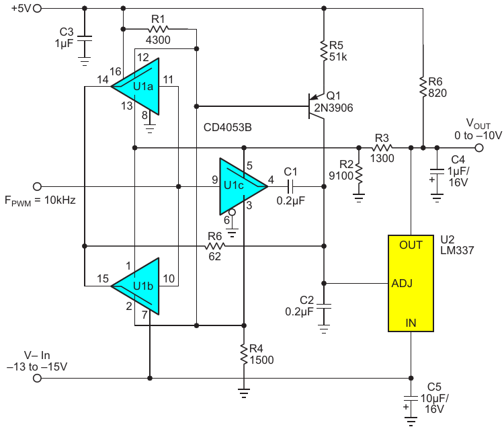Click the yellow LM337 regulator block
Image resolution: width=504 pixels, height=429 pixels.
pyautogui.click(x=411, y=283)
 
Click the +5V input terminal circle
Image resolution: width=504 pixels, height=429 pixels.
pyautogui.click(x=38, y=8)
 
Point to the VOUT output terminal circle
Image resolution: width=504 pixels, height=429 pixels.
pyautogui.click(x=479, y=148)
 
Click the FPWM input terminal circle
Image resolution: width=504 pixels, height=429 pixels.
pyautogui.click(x=37, y=186)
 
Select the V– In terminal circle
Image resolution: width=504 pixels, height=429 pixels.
pyautogui.click(x=37, y=378)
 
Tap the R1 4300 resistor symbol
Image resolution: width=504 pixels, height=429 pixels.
pyautogui.click(x=158, y=30)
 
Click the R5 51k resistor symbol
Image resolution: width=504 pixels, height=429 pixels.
pyautogui.click(x=324, y=50)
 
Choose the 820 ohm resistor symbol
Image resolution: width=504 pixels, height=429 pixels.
pyautogui.click(x=423, y=87)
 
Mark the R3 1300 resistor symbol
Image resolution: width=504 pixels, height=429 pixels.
pyautogui.click(x=382, y=148)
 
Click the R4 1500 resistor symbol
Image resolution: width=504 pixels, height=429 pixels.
pyautogui.click(x=244, y=354)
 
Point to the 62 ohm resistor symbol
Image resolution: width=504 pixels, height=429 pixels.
pyautogui.click(x=215, y=246)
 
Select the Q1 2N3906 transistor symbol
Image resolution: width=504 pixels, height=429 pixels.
pyautogui.click(x=317, y=106)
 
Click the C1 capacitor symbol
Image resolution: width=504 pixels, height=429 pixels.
pyautogui.click(x=290, y=186)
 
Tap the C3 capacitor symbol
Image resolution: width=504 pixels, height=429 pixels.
pyautogui.click(x=85, y=38)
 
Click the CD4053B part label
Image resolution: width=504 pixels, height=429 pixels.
pyautogui.click(x=228, y=127)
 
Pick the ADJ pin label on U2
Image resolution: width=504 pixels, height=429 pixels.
pyautogui.click(x=402, y=283)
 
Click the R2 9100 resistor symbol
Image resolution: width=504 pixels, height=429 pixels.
pyautogui.click(x=359, y=175)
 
